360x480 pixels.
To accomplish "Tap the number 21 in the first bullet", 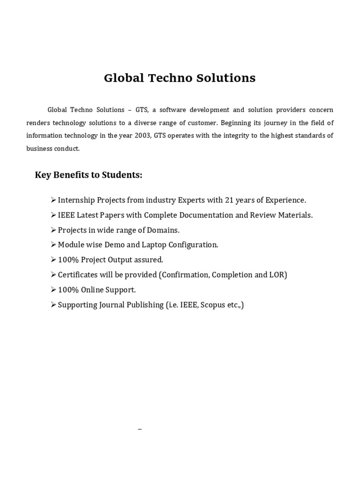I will (x=229, y=200).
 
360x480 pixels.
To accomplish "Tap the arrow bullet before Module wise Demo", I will (x=53, y=245).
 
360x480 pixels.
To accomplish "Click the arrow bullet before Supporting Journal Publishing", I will (x=53, y=305).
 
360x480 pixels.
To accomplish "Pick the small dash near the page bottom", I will (x=140, y=429).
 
